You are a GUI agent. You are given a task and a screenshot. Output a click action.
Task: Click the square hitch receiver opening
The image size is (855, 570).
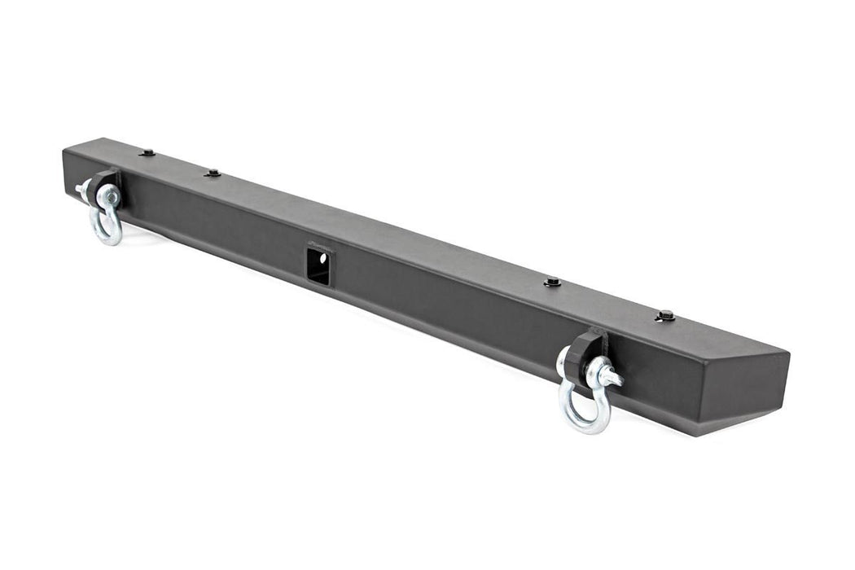318,266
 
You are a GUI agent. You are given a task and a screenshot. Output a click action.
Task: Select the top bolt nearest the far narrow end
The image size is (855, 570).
147,152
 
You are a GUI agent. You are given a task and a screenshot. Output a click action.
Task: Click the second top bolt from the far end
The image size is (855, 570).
213,173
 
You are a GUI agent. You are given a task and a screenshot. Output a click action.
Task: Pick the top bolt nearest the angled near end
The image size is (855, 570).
666,315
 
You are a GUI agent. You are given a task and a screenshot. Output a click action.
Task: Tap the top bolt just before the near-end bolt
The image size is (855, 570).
553,282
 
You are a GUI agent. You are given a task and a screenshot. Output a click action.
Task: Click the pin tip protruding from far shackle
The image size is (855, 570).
81,189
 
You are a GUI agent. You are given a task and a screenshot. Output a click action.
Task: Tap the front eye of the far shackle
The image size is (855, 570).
108,196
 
